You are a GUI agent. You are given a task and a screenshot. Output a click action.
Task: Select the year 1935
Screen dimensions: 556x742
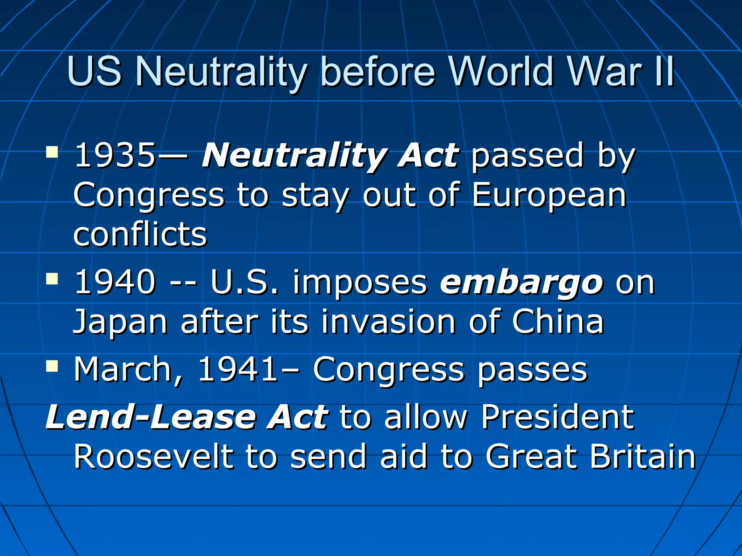pos(115,155)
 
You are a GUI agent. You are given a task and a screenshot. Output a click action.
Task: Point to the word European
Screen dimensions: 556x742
pos(549,195)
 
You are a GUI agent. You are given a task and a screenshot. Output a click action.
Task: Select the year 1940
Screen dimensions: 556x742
pos(115,282)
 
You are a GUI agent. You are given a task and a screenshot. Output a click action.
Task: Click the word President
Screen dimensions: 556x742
pos(558,417)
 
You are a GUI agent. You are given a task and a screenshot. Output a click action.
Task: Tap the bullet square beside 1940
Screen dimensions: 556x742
pos(52,279)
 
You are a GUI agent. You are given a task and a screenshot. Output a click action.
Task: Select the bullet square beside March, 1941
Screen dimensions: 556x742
pos(52,366)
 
